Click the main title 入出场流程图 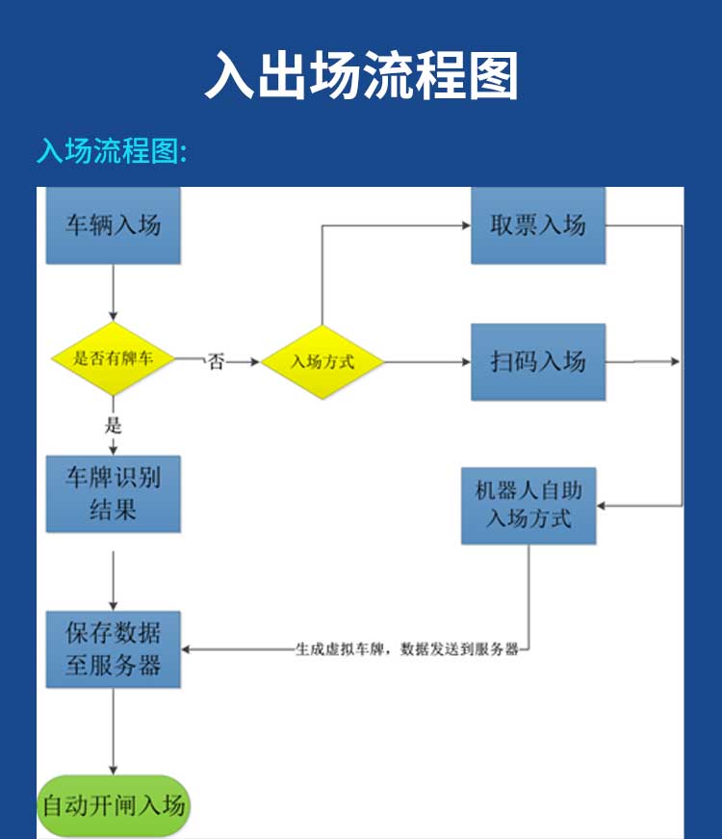click(361, 76)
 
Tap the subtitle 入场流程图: click(111, 151)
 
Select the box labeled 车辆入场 click(114, 225)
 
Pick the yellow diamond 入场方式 click(322, 362)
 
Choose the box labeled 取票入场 click(538, 225)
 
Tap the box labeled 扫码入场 click(538, 362)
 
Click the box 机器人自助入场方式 click(529, 505)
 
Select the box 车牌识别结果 click(114, 494)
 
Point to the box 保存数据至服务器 click(114, 649)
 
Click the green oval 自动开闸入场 click(114, 805)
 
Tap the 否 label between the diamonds click(217, 362)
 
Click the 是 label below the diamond click(114, 425)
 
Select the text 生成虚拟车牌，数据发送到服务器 click(407, 649)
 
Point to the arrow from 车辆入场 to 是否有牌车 click(114, 293)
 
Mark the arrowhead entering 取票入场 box click(464, 226)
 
